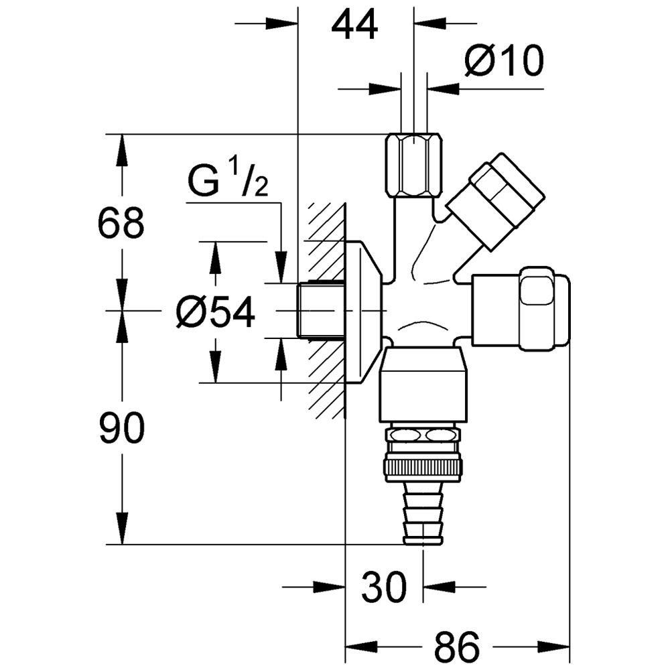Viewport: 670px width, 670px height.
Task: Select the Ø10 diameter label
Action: click(504, 62)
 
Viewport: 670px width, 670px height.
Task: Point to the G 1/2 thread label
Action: click(228, 182)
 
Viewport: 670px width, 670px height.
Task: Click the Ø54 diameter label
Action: click(216, 312)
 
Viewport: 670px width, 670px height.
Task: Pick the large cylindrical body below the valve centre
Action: click(421, 385)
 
